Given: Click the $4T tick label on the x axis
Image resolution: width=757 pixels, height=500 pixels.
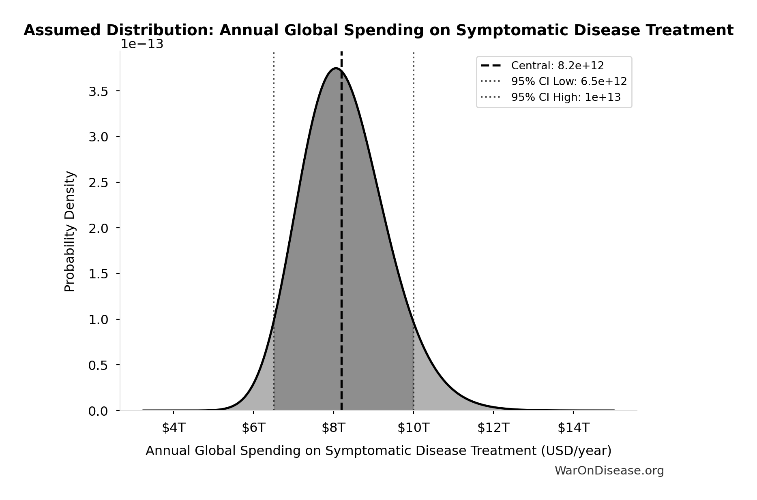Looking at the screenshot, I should point(174,428).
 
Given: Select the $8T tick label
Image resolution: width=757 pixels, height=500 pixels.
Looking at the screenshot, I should point(333,428).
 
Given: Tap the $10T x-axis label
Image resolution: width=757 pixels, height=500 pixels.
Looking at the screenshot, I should point(413,428).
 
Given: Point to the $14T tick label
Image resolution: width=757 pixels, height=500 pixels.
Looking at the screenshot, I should point(573,428).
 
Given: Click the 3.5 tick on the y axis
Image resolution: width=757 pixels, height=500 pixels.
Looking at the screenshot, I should point(98,92).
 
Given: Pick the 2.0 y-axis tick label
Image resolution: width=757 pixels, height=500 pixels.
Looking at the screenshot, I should point(98,229).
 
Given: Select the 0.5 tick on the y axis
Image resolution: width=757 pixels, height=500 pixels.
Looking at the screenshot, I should point(98,365).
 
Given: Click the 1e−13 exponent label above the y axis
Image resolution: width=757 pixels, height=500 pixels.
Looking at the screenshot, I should point(142,44).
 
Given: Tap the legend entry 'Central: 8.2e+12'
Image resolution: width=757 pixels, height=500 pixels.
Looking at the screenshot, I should point(557,66).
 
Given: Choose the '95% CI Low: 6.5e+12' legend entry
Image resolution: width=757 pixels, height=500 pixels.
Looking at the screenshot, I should point(568,81).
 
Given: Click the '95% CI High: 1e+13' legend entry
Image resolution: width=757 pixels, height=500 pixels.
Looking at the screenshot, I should point(566,97).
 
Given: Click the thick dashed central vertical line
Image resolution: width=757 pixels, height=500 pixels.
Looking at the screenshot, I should point(341,243).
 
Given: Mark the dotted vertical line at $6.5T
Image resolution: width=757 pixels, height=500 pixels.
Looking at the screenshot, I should point(274,182).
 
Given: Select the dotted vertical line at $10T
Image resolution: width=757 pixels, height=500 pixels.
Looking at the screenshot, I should point(413,182).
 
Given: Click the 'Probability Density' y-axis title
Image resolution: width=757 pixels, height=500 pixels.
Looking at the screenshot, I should point(70,231).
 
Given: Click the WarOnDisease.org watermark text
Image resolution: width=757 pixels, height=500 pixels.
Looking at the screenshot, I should point(609,470).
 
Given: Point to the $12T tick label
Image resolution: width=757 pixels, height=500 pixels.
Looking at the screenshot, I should point(493,428).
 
